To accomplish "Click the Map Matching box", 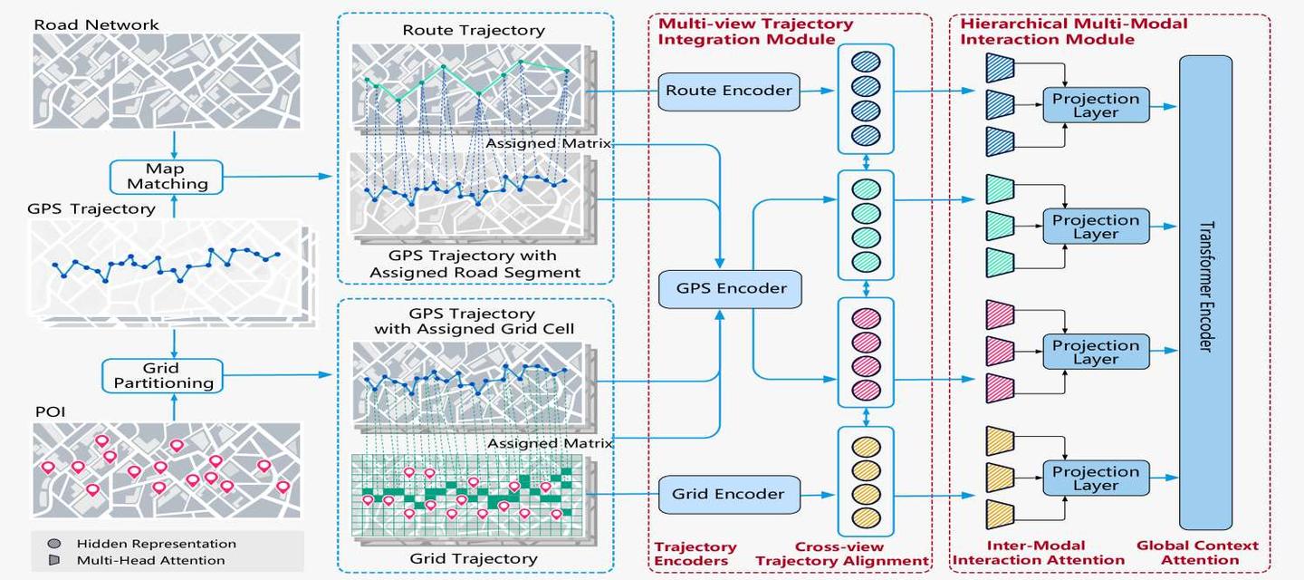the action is pos(167,177).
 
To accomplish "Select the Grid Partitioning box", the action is pos(162,375).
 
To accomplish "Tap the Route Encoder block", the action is pos(729,92).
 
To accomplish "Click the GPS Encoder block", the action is pos(730,289).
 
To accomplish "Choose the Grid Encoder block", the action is pos(729,495).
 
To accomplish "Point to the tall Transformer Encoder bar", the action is pos(1205,293).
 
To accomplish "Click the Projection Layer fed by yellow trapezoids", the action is pos(1096,478).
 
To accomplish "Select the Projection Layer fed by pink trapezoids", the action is pos(1096,352).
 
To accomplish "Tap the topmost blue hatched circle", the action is pos(866,62).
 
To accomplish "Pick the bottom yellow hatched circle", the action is pos(867,517).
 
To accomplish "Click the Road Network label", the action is pos(96,25).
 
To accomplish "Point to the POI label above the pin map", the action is pos(50,412).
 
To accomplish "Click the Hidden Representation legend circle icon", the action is pos(54,544).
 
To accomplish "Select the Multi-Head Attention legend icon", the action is pos(54,560).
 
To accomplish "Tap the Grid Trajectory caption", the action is pos(474,559).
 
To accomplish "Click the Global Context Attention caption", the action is pos(1198,553).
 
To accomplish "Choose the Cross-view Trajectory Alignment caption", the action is pos(842,554).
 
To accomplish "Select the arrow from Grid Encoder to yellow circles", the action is pos(818,495).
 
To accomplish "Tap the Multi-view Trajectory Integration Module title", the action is pos(755,32).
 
